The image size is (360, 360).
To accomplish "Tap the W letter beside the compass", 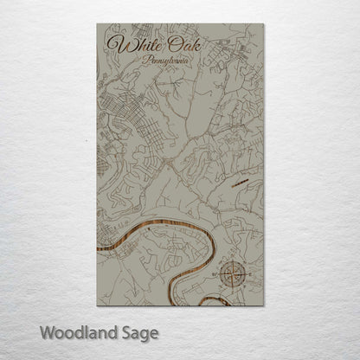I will (x=215, y=275).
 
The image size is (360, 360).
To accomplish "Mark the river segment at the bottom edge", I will (x=213, y=302).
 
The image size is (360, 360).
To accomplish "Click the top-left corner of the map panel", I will (x=97, y=24).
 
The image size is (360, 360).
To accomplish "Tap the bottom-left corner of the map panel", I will (x=97, y=305).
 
